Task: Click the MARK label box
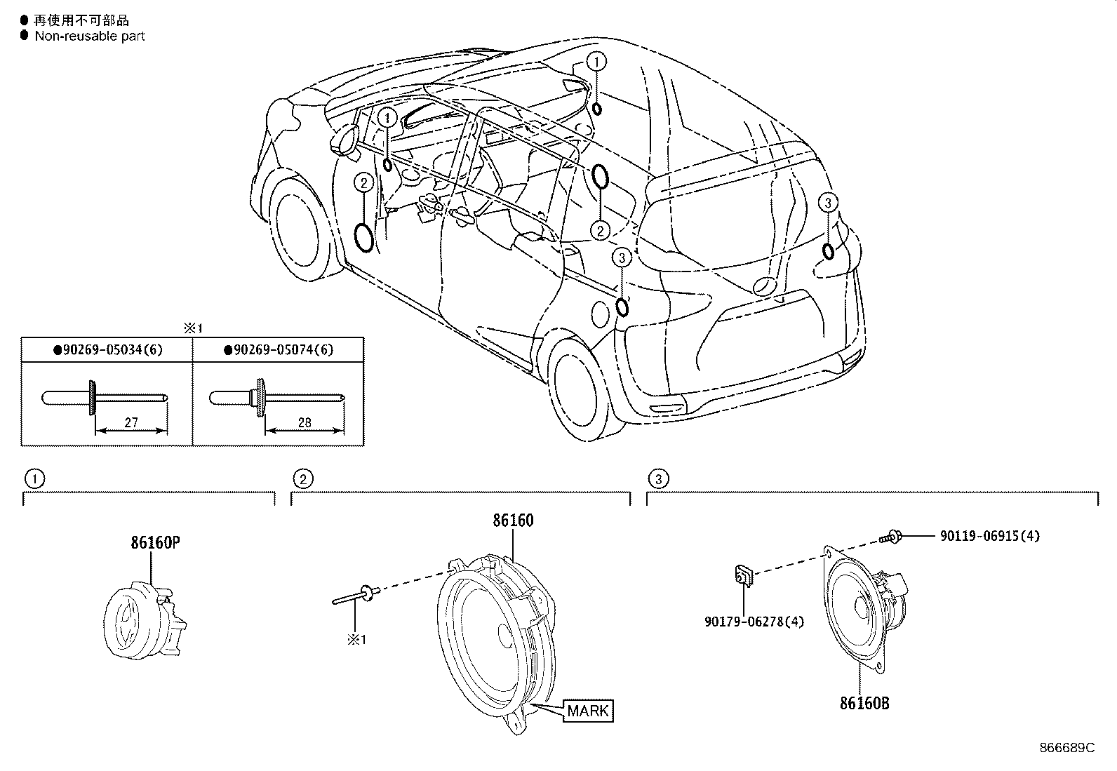pyautogui.click(x=589, y=710)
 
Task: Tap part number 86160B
pyautogui.click(x=864, y=703)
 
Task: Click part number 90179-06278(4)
pyautogui.click(x=754, y=622)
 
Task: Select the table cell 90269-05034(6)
pyautogui.click(x=108, y=349)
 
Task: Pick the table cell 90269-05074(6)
pyautogui.click(x=279, y=349)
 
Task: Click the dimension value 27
pyautogui.click(x=131, y=423)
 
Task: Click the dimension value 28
pyautogui.click(x=304, y=423)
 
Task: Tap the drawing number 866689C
pyautogui.click(x=1066, y=748)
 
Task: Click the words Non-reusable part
pyautogui.click(x=89, y=36)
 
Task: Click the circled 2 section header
pyautogui.click(x=302, y=479)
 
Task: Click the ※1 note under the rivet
pyautogui.click(x=358, y=640)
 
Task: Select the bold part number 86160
pyautogui.click(x=512, y=521)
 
